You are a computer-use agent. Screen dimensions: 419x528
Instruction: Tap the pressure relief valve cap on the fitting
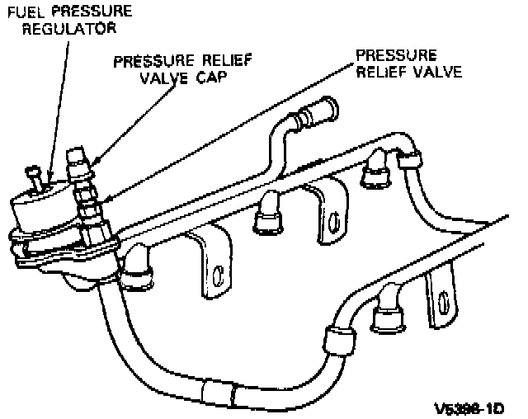[77, 155]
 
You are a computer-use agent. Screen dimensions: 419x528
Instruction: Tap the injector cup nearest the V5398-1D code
[386, 316]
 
